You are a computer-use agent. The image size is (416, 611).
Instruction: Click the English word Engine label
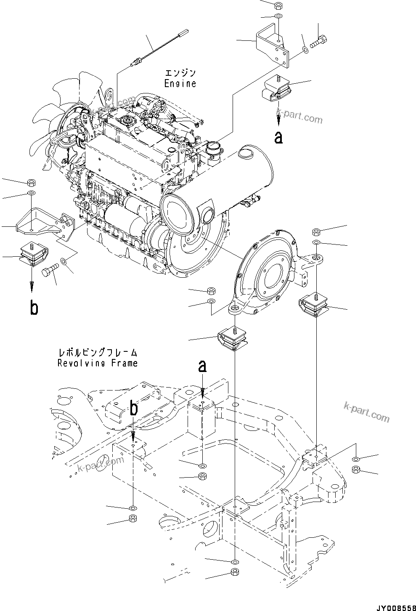click(x=180, y=83)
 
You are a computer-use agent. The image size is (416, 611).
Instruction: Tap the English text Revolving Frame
click(x=98, y=363)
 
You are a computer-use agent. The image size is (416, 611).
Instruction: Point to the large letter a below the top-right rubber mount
click(x=278, y=137)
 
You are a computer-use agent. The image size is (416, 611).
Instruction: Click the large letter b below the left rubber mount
click(x=34, y=308)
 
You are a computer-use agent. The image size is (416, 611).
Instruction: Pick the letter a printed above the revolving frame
click(x=203, y=367)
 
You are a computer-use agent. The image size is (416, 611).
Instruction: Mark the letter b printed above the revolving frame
click(x=134, y=408)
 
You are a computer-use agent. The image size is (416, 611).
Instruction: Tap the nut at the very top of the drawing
click(x=278, y=6)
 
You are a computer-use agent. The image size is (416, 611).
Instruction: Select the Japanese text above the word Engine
click(x=180, y=74)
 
